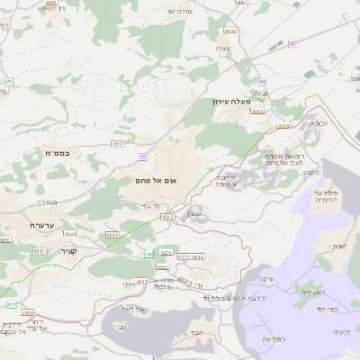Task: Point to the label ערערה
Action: [42, 225]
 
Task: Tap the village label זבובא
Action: [319, 121]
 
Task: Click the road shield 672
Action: [8, 82]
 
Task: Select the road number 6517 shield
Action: [117, 144]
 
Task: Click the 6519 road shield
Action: [112, 234]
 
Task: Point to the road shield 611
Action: [11, 305]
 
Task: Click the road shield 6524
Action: [70, 232]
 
